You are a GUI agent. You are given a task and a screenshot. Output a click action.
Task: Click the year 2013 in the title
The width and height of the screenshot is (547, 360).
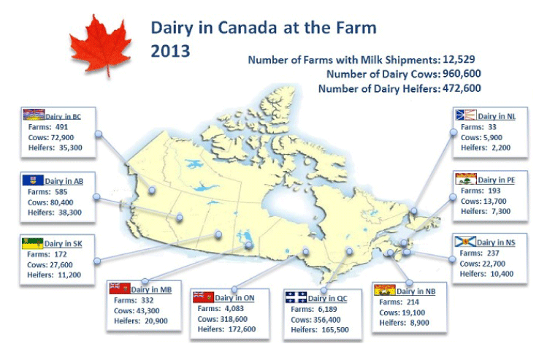[x=170, y=51]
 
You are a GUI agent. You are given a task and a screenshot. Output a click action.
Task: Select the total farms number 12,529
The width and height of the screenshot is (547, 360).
[x=459, y=59]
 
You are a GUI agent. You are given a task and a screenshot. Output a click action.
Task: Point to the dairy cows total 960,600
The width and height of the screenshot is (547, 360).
[x=462, y=74]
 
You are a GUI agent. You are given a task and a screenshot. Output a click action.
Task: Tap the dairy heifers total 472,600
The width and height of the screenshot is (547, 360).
[x=462, y=88]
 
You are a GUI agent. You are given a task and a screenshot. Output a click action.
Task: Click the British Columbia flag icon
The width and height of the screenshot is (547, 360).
[x=34, y=115]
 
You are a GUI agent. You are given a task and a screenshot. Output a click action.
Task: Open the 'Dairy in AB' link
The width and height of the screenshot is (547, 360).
[x=64, y=181]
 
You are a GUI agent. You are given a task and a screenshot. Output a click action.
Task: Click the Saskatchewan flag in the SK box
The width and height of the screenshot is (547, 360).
[x=32, y=243]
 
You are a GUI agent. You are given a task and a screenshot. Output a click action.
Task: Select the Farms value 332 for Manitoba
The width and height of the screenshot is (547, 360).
[x=148, y=300]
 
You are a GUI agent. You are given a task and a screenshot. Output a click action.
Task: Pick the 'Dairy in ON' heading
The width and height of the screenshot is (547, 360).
[x=234, y=297]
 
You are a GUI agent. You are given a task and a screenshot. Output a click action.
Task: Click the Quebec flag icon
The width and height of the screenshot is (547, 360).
[x=296, y=297]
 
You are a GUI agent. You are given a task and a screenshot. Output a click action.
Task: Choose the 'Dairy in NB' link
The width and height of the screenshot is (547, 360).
[x=416, y=291]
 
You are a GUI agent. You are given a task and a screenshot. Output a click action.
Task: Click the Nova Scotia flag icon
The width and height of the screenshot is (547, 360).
[x=465, y=242]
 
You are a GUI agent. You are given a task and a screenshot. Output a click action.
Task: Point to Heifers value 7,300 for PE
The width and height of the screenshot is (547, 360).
[x=500, y=211]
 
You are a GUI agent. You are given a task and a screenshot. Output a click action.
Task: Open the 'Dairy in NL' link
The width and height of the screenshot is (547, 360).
[x=497, y=116]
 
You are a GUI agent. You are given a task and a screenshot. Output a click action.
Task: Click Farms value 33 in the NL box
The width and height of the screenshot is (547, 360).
[x=492, y=127]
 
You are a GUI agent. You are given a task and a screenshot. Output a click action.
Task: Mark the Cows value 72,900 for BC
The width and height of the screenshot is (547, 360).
[x=61, y=137]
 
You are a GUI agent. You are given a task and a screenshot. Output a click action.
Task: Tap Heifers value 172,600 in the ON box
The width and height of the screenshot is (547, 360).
[x=242, y=329]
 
